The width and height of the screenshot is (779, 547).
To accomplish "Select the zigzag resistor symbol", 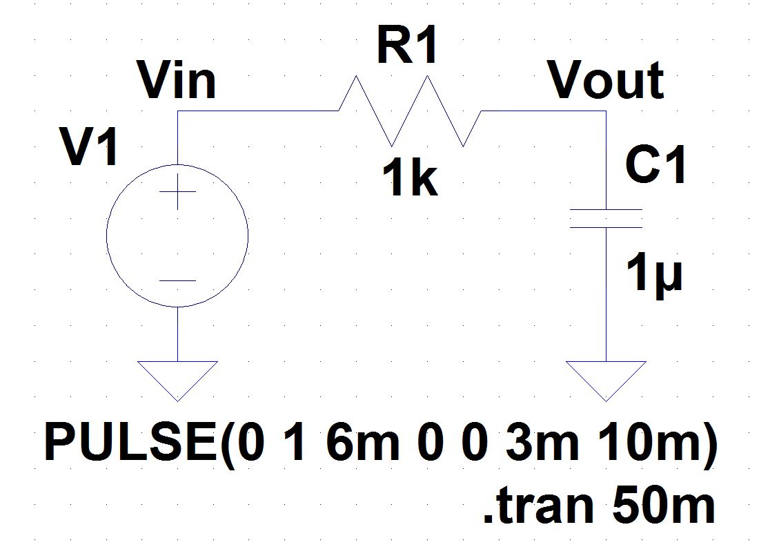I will click(410, 111).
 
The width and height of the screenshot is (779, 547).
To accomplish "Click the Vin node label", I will click(177, 81).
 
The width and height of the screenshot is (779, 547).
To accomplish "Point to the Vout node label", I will click(606, 81).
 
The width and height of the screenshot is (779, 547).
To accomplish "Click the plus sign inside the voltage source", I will click(177, 191).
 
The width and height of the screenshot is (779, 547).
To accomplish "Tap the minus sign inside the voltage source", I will click(177, 280).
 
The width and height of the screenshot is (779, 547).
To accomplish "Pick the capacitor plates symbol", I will click(607, 218).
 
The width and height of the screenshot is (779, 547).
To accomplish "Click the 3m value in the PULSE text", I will click(542, 444).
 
